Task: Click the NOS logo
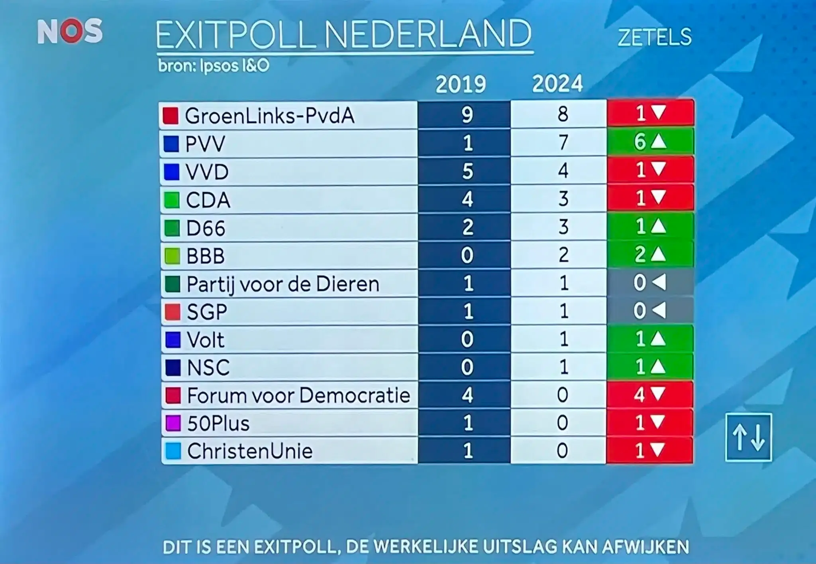[x=70, y=31]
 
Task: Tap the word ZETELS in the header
[x=654, y=37]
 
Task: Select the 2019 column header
[x=461, y=85]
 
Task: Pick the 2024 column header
[x=557, y=84]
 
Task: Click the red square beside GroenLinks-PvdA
[x=171, y=116]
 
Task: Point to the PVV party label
[x=205, y=144]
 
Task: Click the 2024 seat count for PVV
[x=563, y=142]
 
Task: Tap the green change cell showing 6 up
[x=650, y=142]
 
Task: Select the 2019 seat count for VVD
[x=467, y=171]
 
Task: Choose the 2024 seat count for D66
[x=563, y=227]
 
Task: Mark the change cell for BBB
[x=650, y=254]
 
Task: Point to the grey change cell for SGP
[x=650, y=311]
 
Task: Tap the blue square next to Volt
[x=173, y=340]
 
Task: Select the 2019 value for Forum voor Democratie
[x=467, y=395]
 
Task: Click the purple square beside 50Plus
[x=173, y=423]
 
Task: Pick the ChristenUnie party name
[x=250, y=451]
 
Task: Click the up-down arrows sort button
[x=748, y=438]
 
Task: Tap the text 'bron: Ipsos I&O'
[x=214, y=66]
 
